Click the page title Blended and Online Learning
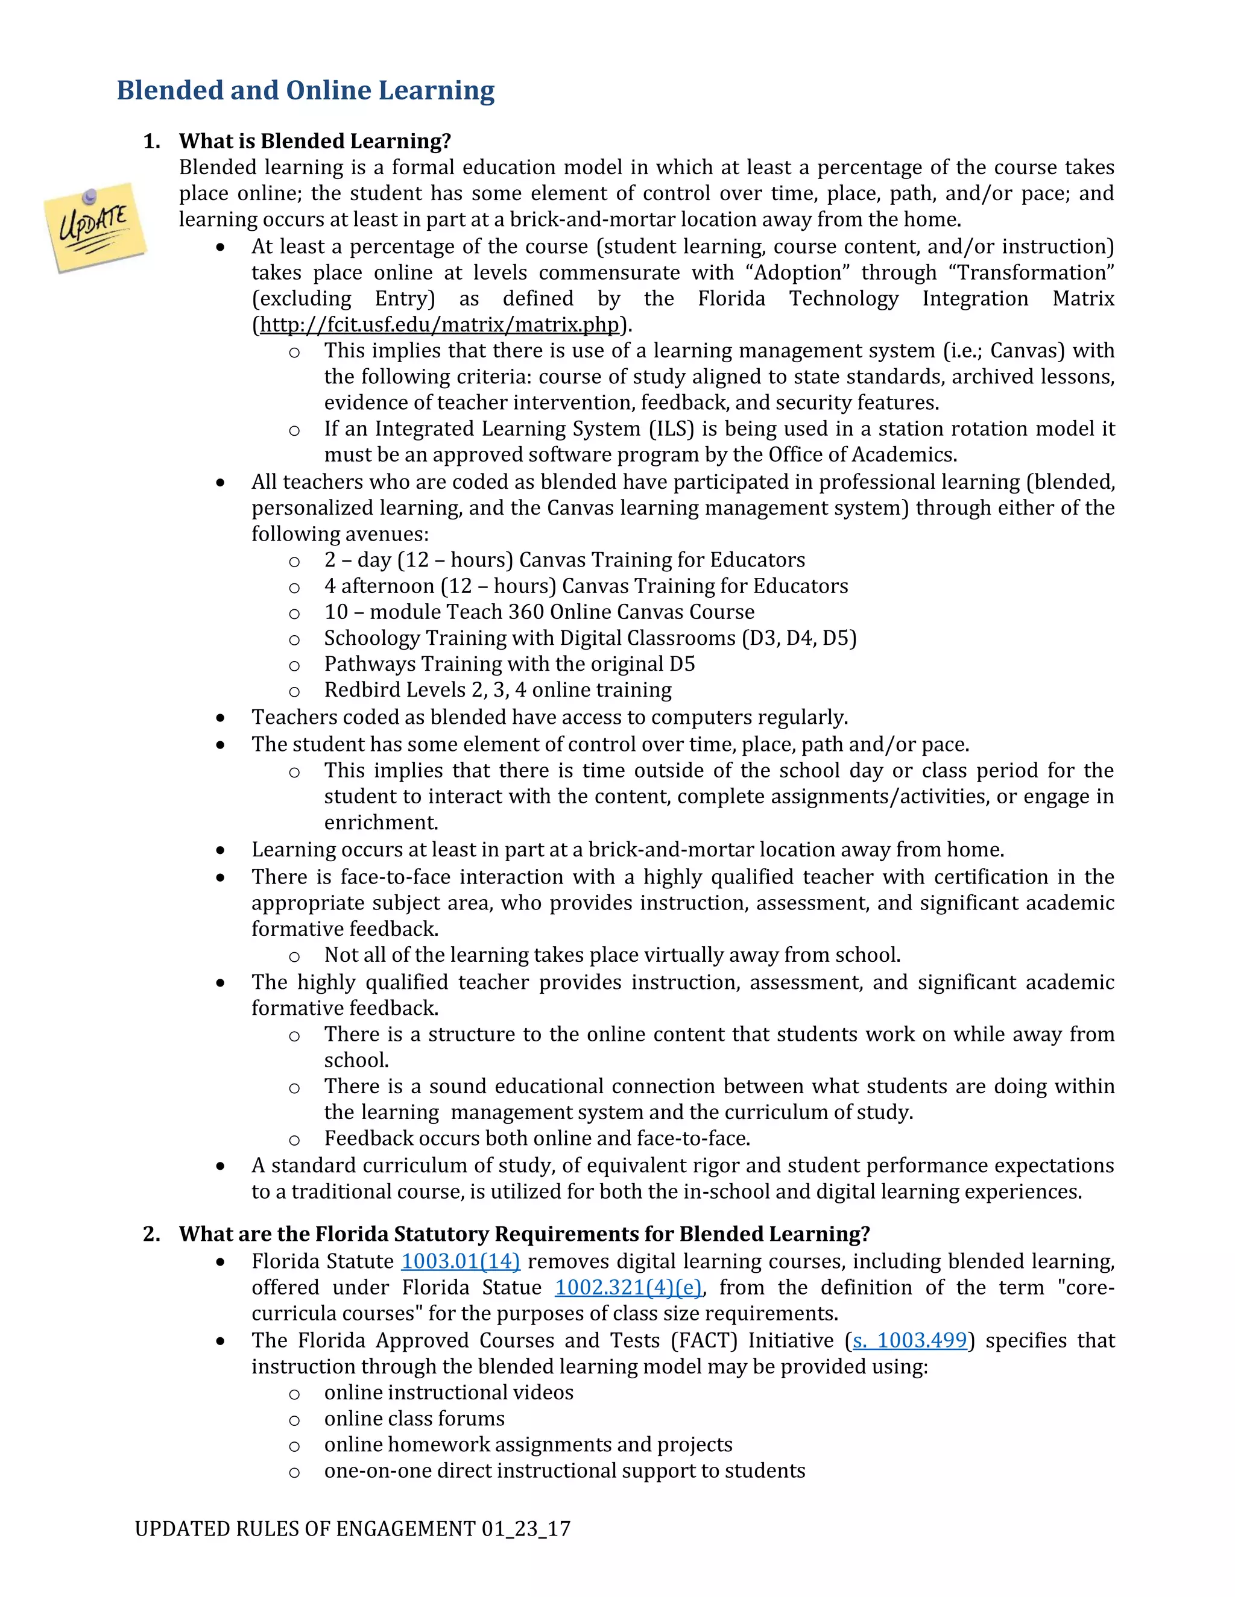click(306, 90)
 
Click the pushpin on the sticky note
click(90, 196)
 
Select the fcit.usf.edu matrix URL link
click(440, 325)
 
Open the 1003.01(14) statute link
click(460, 1261)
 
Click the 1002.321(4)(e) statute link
click(628, 1288)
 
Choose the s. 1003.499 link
click(909, 1340)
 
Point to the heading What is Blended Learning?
click(315, 141)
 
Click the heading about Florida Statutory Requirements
click(524, 1234)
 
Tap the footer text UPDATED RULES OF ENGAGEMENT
click(308, 1528)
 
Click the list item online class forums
click(414, 1419)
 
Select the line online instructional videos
click(449, 1392)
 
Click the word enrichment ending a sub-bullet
click(381, 823)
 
